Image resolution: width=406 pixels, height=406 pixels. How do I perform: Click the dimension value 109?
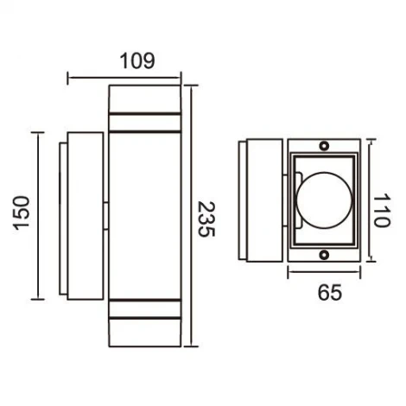coord(136,61)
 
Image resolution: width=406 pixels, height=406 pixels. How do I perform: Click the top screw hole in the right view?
coord(325,146)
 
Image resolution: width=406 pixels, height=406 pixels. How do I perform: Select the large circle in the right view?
coord(321,200)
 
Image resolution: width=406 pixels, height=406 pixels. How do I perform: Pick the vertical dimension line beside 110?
coord(369,200)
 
